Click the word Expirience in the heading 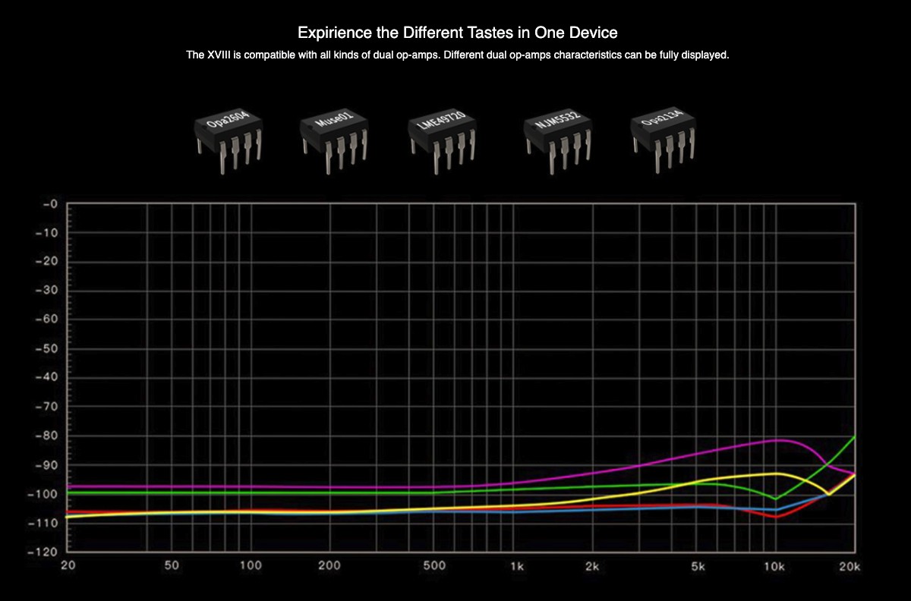click(x=333, y=33)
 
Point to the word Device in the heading click(x=595, y=33)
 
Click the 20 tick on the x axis click(x=68, y=566)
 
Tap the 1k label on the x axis click(x=517, y=566)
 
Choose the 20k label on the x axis click(x=850, y=566)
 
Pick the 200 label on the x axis click(x=329, y=566)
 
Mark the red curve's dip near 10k click(x=776, y=517)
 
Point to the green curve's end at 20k click(x=856, y=436)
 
